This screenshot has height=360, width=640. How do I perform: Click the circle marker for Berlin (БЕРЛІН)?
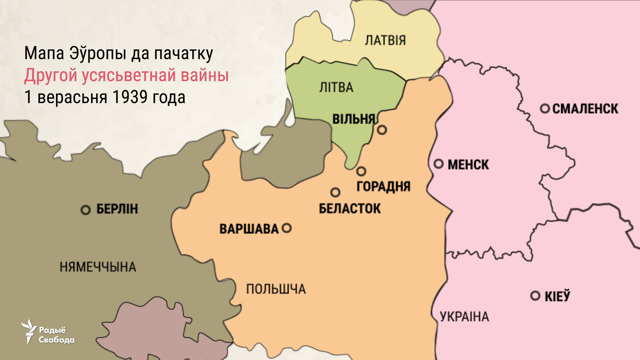coord(86,210)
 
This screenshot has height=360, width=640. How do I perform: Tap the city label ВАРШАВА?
coord(249,229)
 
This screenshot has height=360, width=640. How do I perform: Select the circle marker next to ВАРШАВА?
coord(287,228)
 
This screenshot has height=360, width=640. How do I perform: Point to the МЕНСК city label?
coord(468,165)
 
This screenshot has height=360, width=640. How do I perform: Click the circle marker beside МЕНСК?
coord(439,164)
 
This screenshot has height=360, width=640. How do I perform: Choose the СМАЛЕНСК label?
coord(585,109)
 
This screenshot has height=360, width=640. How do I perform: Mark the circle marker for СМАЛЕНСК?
coord(545,108)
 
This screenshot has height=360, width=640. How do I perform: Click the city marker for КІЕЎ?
coord(535,296)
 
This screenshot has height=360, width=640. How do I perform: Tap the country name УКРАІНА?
coord(464,317)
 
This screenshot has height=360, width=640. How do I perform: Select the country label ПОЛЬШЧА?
coord(276,289)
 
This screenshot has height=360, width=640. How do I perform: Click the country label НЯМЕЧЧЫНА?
coord(98,267)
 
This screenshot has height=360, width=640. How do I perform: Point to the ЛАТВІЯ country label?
coord(385,40)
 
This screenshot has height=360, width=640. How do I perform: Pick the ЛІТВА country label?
coord(336,87)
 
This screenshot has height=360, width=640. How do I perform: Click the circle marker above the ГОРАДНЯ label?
coord(361,171)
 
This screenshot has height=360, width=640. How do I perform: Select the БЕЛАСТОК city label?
coord(350,209)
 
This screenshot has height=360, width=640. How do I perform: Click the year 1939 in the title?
coord(130,97)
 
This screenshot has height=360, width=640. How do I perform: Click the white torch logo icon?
coord(29,331)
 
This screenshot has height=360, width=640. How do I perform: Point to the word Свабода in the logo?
coord(57,340)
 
